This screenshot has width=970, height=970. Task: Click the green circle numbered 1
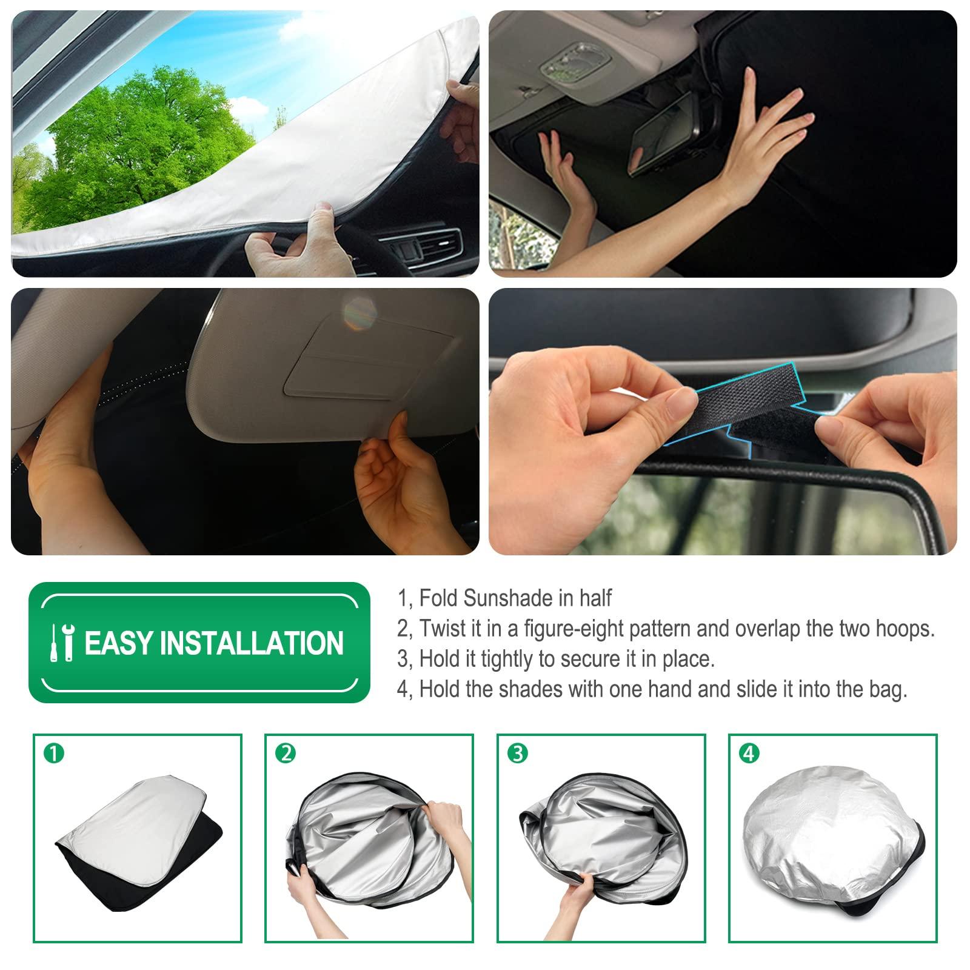pos(55,754)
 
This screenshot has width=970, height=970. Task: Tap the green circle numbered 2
pos(286,754)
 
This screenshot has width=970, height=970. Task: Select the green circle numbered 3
pos(517,754)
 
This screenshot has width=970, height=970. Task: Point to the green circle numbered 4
pos(749,754)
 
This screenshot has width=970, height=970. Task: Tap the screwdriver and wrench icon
pos(62,642)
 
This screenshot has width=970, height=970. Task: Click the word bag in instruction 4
pos(889,690)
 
